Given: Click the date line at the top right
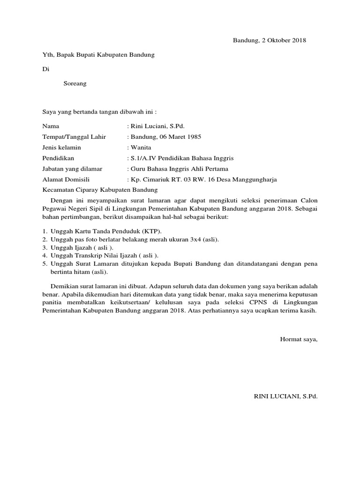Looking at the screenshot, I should click(x=270, y=40).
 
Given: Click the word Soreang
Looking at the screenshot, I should click(x=75, y=84).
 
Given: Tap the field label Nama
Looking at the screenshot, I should click(x=51, y=126).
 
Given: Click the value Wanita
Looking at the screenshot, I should click(x=140, y=148).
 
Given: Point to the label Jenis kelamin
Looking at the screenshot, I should click(x=61, y=148).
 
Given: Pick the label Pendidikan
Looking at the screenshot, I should click(x=58, y=158).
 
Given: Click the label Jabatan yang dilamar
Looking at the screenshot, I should click(x=72, y=169).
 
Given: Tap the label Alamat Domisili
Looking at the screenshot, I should click(x=66, y=180).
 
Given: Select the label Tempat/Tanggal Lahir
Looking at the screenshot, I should click(x=74, y=137).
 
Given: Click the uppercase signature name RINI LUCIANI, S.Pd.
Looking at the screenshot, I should click(x=285, y=396).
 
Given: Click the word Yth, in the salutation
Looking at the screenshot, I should click(x=48, y=55).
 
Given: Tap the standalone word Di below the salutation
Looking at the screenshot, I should click(x=45, y=69).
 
